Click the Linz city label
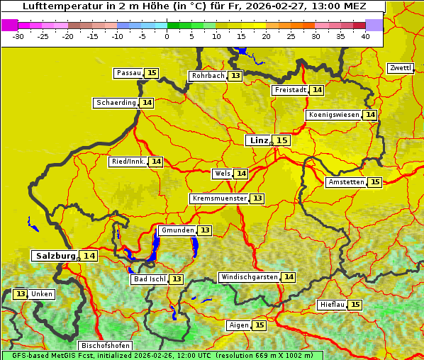(x=259, y=140)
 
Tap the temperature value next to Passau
(x=152, y=73)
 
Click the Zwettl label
(x=401, y=68)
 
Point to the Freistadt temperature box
(x=317, y=90)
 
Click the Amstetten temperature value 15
(x=375, y=182)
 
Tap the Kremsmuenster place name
(x=219, y=198)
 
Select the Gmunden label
(x=177, y=230)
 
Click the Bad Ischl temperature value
(x=176, y=279)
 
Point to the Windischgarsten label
(x=249, y=277)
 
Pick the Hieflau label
(x=332, y=305)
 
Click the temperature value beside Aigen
(x=259, y=325)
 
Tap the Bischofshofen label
(x=105, y=346)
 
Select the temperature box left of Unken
(x=21, y=294)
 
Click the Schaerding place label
(x=116, y=103)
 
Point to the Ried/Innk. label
(x=128, y=162)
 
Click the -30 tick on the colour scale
(x=18, y=36)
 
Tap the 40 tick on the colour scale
(x=365, y=36)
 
